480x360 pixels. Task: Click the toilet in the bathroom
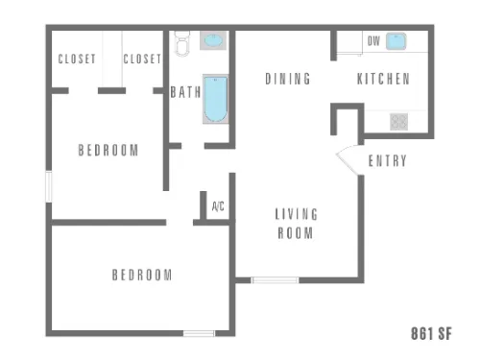click(182, 43)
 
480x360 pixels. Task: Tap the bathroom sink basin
click(213, 40)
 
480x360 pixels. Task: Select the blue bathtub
click(216, 99)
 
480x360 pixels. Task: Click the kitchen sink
click(396, 41)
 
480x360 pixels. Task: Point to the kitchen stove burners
click(398, 122)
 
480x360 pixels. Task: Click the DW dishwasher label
click(373, 41)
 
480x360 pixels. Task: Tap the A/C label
click(218, 206)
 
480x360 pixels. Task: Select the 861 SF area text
click(431, 333)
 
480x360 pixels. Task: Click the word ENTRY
click(388, 160)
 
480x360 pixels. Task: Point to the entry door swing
click(348, 159)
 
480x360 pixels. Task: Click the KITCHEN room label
click(383, 79)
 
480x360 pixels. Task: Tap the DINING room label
click(288, 79)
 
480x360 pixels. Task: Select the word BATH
click(185, 92)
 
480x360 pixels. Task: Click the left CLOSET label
click(77, 59)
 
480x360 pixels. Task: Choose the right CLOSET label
click(142, 59)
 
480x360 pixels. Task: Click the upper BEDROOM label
click(108, 150)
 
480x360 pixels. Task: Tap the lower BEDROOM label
click(142, 275)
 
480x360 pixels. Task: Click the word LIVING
click(297, 214)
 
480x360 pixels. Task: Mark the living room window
click(275, 280)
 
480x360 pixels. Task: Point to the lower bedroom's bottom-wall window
click(199, 333)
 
